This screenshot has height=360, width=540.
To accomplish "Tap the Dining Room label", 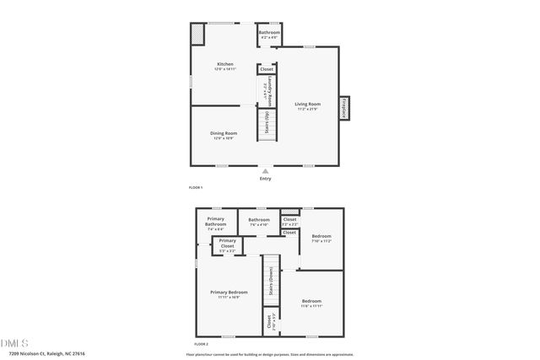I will [x=224, y=134].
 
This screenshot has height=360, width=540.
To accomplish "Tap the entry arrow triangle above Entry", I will [x=266, y=171].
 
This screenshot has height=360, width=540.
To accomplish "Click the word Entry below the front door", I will [x=266, y=178].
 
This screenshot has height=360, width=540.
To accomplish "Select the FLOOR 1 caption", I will [x=196, y=186].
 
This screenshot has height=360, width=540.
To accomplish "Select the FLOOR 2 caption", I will [x=201, y=344].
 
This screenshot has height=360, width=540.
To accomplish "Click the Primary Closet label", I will [x=228, y=245].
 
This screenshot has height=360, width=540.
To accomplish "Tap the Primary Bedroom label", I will [x=228, y=294].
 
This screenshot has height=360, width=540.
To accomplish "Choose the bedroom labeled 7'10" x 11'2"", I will [x=321, y=238].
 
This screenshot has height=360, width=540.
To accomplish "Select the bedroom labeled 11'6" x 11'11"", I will [x=311, y=304].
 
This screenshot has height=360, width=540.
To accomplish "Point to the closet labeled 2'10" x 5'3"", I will [x=270, y=321].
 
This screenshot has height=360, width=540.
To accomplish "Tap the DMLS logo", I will [x=15, y=342].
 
